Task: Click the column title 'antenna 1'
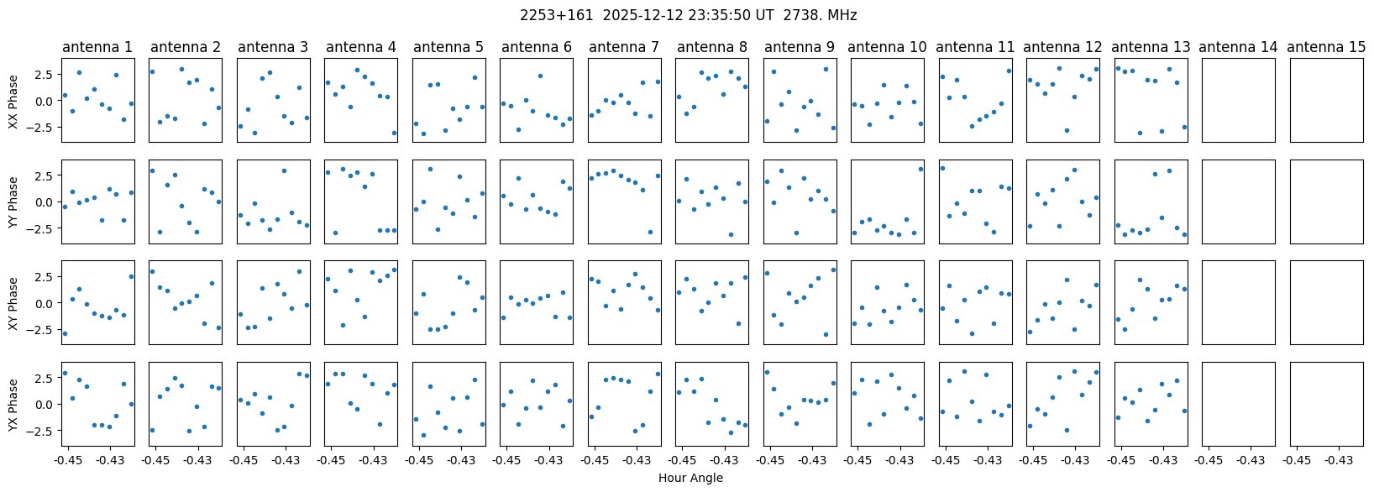click(97, 47)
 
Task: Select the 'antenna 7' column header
click(624, 47)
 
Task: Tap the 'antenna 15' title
click(1326, 47)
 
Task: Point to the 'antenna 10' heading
click(887, 47)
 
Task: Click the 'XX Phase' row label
click(13, 101)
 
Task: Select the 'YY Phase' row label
click(13, 202)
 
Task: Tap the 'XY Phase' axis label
click(13, 303)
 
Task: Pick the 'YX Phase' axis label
click(13, 405)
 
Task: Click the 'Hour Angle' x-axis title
click(690, 478)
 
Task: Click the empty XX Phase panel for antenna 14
click(1239, 100)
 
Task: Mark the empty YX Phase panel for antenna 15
click(1326, 405)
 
